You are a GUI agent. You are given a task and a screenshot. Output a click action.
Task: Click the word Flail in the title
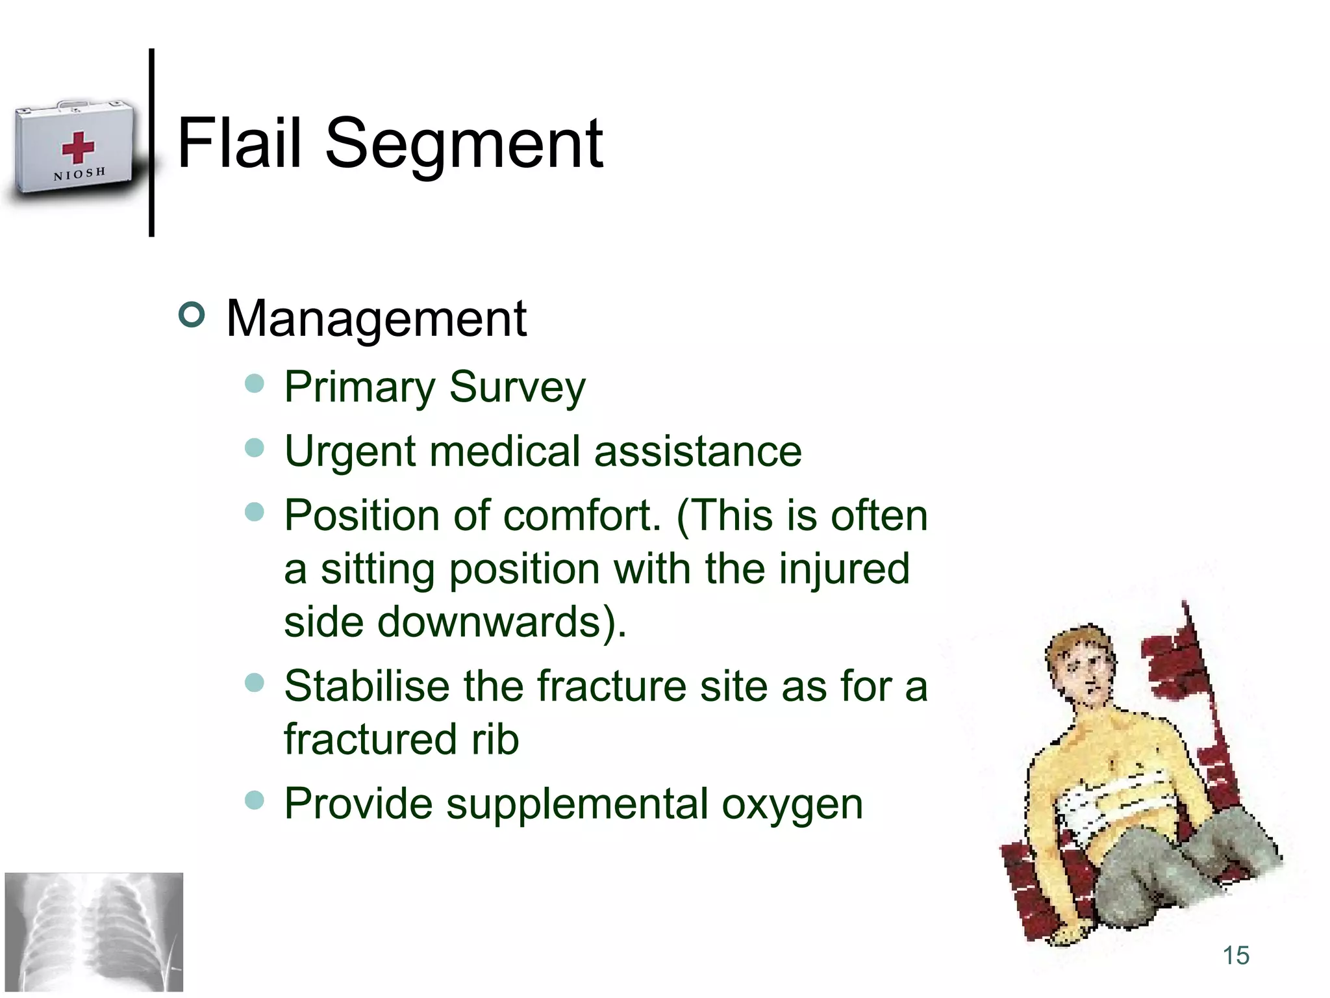[x=239, y=143]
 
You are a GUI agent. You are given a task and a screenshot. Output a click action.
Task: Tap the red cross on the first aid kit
[x=78, y=147]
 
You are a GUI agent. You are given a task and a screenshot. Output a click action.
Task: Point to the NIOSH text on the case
[x=79, y=174]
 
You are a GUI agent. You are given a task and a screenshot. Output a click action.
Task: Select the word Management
[x=376, y=319]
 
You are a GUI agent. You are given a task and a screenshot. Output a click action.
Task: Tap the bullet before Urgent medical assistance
[x=255, y=448]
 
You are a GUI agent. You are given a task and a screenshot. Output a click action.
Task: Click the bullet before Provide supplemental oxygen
[x=255, y=800]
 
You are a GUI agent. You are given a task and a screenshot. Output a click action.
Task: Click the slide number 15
[x=1235, y=956]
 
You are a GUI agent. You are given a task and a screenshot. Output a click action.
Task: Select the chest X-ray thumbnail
[x=94, y=932]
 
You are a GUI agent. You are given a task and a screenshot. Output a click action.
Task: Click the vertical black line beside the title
[x=151, y=142]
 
